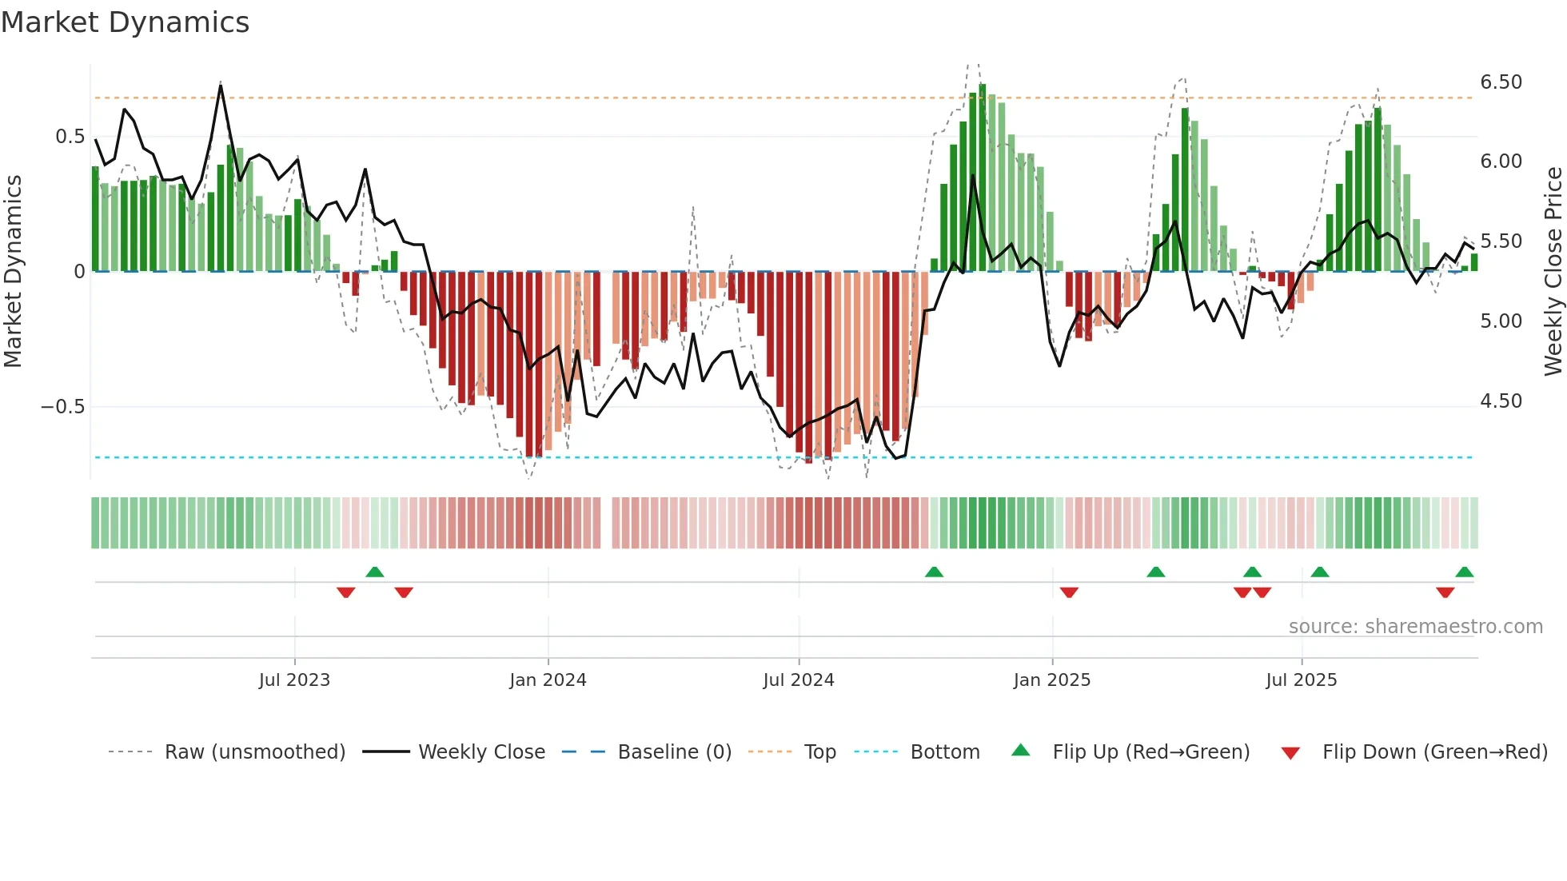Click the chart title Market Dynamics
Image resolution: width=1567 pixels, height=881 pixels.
125,22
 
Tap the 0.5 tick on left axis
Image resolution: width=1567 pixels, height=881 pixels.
70,137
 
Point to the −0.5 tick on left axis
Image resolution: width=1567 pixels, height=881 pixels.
62,407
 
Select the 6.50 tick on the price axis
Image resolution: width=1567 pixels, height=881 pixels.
1501,82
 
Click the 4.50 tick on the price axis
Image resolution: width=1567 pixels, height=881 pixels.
1501,401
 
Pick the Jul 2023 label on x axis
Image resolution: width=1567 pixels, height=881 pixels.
294,680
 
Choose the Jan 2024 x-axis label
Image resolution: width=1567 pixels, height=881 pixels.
548,680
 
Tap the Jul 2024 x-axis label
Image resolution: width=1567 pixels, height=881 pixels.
798,680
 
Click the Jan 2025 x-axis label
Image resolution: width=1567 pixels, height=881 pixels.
1051,680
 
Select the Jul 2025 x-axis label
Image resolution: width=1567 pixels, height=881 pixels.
1301,680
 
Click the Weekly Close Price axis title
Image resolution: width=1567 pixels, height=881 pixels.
1553,271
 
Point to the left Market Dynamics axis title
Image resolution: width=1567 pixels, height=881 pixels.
13,271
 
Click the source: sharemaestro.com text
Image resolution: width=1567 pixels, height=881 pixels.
1415,627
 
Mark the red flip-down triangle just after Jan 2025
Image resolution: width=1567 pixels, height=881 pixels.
1069,592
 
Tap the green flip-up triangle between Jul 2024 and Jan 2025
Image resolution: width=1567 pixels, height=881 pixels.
934,572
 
